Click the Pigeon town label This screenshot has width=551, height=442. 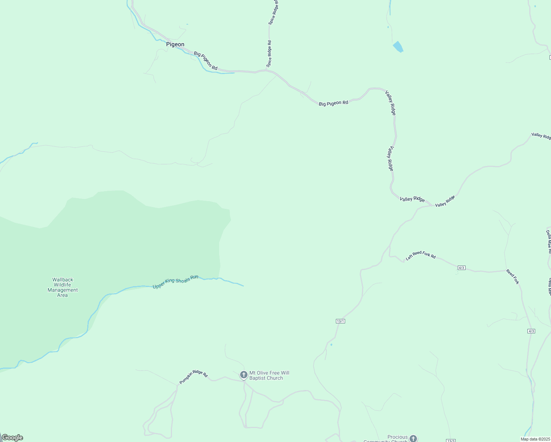tap(175, 45)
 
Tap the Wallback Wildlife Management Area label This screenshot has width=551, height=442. tap(63, 287)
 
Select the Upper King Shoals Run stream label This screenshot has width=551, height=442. tap(175, 282)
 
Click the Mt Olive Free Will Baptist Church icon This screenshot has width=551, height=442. tap(243, 375)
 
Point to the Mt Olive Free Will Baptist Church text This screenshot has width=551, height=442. tap(269, 375)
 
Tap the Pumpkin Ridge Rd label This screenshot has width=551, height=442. tap(194, 377)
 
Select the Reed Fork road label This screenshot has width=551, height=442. tap(512, 276)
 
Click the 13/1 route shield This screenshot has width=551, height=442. tap(340, 321)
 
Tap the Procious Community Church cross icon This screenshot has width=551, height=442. tap(413, 438)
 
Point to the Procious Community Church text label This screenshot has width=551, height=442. tap(387, 438)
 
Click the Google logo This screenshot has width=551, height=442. tap(12, 438)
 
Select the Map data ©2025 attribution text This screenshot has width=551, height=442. tap(535, 439)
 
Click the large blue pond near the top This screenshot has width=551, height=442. tap(398, 47)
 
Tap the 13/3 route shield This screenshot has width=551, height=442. tap(450, 441)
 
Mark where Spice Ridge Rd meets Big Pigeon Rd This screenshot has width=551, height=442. tap(266, 70)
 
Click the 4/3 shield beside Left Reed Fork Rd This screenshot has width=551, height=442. tap(461, 268)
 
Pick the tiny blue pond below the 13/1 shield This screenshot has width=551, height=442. tap(331, 345)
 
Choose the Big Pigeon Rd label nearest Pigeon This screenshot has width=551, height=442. tap(206, 61)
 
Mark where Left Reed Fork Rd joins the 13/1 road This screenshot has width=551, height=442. tap(390, 256)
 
